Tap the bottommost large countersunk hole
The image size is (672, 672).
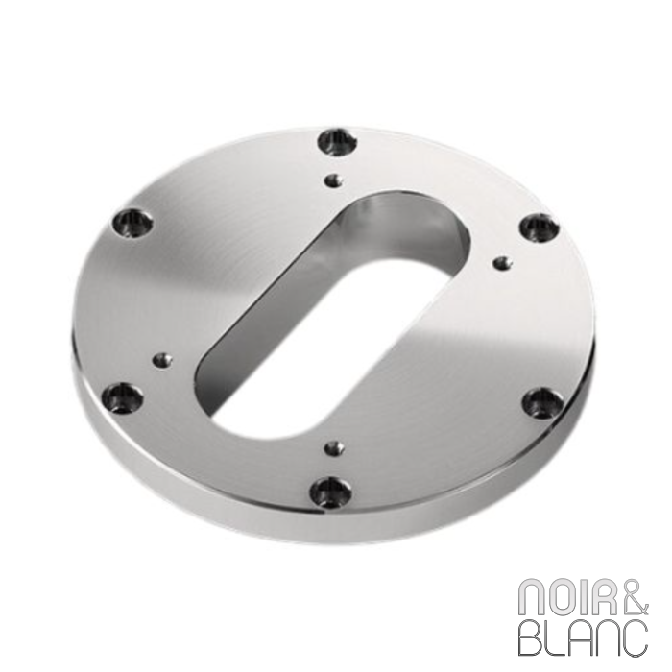click(x=330, y=492)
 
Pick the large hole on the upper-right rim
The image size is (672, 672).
click(x=540, y=228)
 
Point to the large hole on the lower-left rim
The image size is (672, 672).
click(x=123, y=397)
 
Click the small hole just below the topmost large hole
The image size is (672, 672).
click(x=333, y=179)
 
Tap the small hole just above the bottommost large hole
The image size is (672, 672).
click(x=334, y=447)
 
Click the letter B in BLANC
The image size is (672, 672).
click(x=531, y=637)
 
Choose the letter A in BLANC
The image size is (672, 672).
click(x=581, y=637)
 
